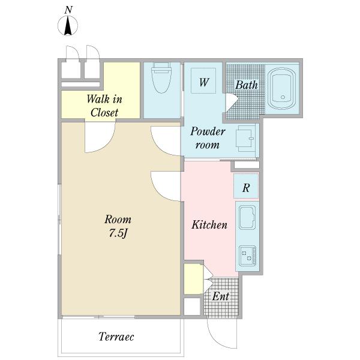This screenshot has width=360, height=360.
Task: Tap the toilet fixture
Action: pos(161,77)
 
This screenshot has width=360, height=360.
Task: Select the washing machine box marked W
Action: pos(203,80)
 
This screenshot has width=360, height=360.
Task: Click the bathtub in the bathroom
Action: pos(282,88)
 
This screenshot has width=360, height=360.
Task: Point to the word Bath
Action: pos(247,85)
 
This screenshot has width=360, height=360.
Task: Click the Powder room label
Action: pos(208,138)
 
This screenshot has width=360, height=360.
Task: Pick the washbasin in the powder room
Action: pos(246,139)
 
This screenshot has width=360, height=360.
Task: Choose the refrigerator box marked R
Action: pos(246,186)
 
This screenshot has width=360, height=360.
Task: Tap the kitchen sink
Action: pos(247,217)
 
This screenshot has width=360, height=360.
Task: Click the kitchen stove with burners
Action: pos(247,255)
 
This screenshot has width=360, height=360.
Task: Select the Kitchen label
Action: pos(209,224)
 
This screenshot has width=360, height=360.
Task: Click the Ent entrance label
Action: pos(221,296)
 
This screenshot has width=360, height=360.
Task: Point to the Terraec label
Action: pos(116,337)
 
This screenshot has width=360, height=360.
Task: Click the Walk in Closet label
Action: pos(104,106)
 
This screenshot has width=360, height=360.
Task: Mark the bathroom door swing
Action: pos(232,103)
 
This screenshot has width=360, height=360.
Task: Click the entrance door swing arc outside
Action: pos(222,334)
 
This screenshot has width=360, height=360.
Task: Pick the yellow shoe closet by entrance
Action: pos(193,279)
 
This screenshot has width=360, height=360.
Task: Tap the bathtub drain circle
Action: pos(283,97)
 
